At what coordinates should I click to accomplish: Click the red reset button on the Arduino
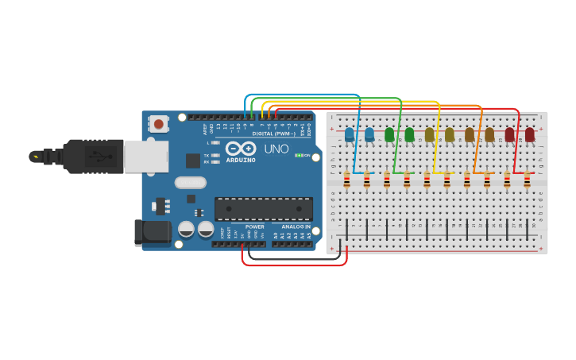159,123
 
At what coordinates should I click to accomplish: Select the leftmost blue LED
349,135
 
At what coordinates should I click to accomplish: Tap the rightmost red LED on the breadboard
530,135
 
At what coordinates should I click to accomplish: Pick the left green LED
389,135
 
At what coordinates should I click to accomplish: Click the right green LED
409,135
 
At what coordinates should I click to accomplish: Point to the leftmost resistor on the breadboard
346,182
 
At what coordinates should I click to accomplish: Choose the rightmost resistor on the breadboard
527,182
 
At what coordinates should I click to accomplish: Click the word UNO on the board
276,149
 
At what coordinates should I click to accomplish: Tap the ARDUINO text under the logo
241,160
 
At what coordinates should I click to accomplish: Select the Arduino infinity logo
240,148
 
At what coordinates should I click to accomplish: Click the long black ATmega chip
263,208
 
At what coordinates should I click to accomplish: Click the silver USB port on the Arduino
147,157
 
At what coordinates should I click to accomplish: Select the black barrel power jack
153,231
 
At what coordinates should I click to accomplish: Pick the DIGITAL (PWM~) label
273,134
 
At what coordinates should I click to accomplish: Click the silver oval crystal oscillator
191,182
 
